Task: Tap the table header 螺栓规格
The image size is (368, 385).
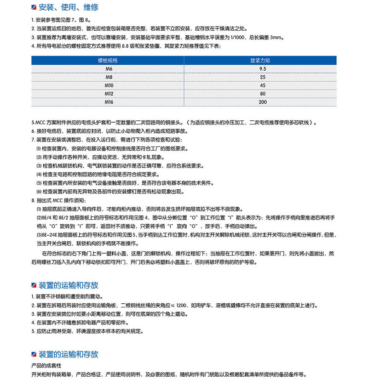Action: pyautogui.click(x=108, y=60)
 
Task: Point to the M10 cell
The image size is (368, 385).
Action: pyautogui.click(x=108, y=85)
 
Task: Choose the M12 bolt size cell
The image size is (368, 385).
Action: pyautogui.click(x=108, y=93)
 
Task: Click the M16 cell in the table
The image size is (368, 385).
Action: pyautogui.click(x=108, y=102)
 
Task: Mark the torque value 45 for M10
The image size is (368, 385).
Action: pyautogui.click(x=263, y=85)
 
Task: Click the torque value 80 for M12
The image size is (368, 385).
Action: pyautogui.click(x=263, y=93)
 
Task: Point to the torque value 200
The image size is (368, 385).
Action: pyautogui.click(x=263, y=102)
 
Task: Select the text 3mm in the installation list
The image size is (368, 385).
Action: pyautogui.click(x=278, y=38)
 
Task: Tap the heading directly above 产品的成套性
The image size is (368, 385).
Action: pyautogui.click(x=69, y=354)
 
